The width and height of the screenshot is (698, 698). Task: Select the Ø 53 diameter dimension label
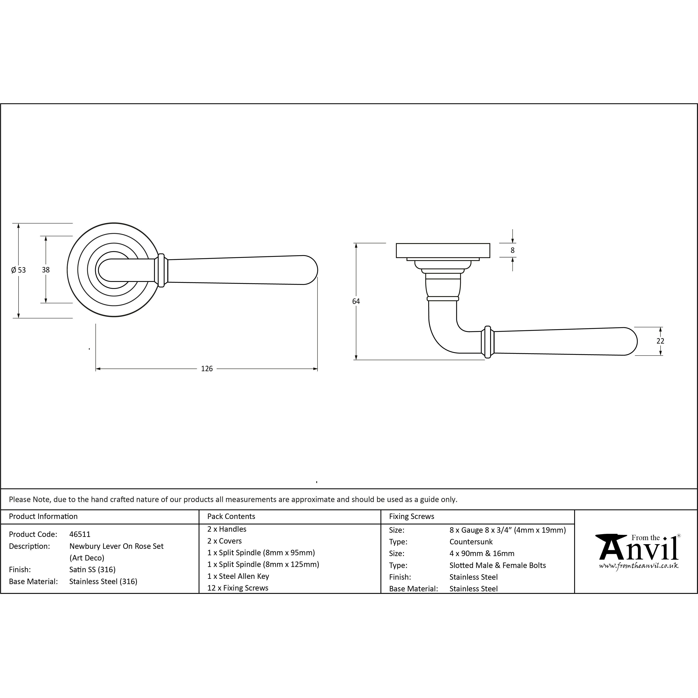18,270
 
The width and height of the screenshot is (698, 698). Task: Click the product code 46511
80,534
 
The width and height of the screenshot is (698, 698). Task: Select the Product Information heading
43,516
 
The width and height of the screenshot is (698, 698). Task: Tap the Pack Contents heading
231,516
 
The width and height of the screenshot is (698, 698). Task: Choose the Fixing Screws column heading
412,516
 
